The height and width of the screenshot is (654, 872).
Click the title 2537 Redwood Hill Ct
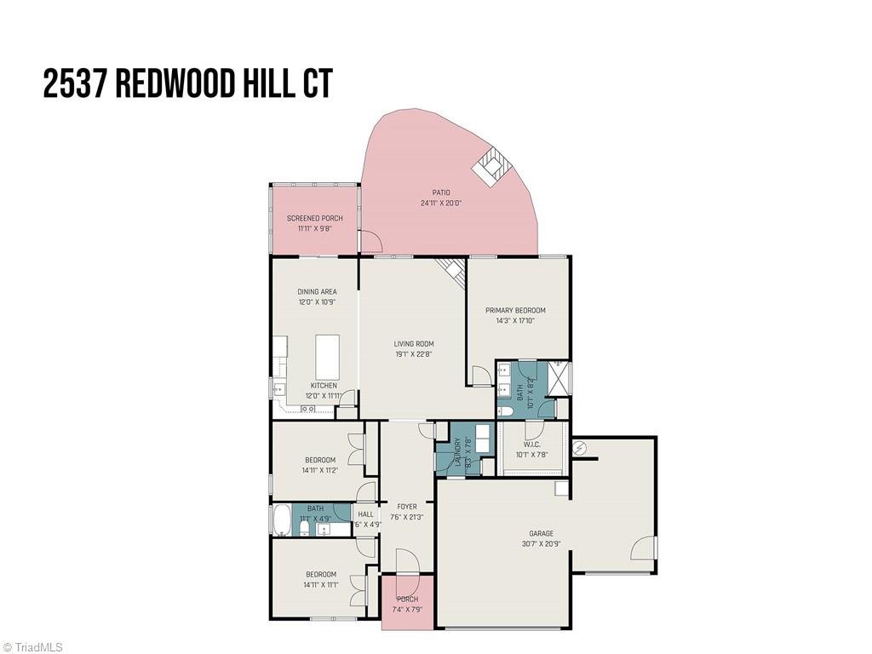(187, 85)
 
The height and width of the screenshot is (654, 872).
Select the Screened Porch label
(314, 219)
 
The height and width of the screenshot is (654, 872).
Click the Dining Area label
(317, 292)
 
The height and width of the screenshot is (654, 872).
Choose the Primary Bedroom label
(515, 310)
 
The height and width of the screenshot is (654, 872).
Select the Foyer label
(407, 507)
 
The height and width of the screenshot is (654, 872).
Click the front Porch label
(408, 599)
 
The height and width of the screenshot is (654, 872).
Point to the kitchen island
(328, 356)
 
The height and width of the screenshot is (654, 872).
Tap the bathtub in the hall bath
(281, 519)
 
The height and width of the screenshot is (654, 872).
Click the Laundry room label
(457, 449)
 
